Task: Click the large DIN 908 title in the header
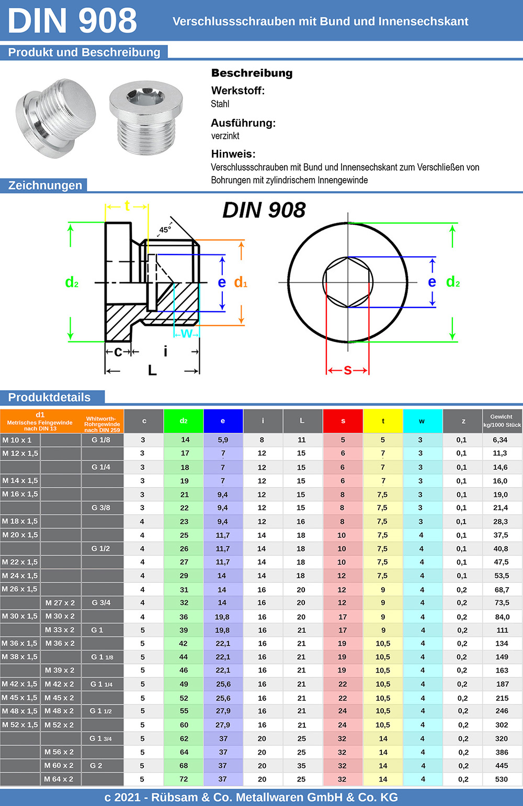pos(72,20)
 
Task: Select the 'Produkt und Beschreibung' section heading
pos(84,52)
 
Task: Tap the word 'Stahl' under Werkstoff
pos(220,104)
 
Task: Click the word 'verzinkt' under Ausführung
pos(225,136)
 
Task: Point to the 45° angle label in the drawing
pos(165,229)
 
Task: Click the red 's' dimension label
pos(348,370)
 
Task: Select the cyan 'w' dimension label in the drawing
pos(187,334)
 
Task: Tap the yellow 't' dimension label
pos(127,206)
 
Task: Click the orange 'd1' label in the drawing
pos(241,282)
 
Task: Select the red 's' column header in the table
pos(343,421)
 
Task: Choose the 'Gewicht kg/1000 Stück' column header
pos(502,421)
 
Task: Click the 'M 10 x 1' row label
pos(17,440)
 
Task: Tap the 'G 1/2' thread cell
pos(100,548)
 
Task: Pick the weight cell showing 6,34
pos(500,440)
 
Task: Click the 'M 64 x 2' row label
pos(59,779)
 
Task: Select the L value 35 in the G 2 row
pos(301,765)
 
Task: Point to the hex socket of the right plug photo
pos(145,96)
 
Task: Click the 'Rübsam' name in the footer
pos(175,797)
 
